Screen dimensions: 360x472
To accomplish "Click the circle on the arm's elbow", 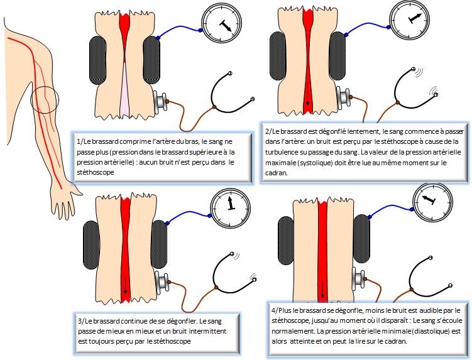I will [x=43, y=98].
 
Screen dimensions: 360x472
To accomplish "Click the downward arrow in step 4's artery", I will [x=323, y=290].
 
